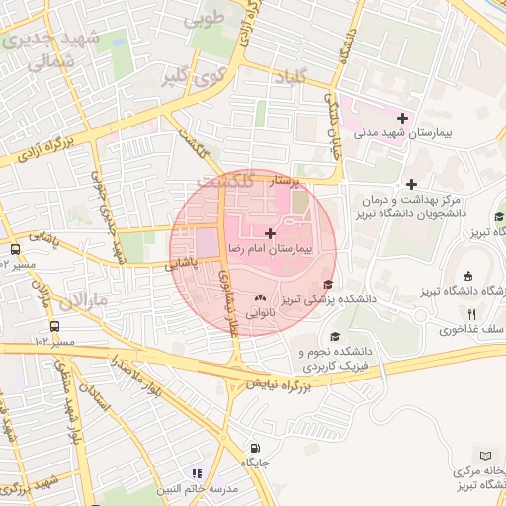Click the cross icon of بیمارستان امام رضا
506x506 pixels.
(x=271, y=232)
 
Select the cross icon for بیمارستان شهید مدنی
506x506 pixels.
(x=403, y=118)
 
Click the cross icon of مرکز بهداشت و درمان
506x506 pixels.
(x=412, y=184)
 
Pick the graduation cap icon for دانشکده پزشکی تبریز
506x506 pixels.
(x=327, y=286)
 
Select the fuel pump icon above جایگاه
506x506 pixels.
(x=256, y=448)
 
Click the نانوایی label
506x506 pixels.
(x=261, y=311)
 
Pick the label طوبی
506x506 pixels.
(x=207, y=17)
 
